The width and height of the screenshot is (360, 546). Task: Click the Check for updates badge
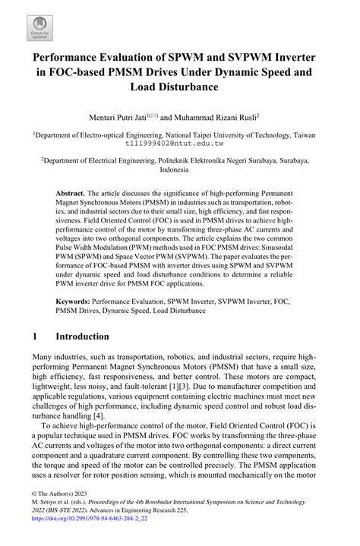(x=36, y=27)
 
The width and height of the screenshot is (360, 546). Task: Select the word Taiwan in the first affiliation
(x=328, y=132)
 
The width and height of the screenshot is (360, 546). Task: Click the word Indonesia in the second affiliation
(x=179, y=171)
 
